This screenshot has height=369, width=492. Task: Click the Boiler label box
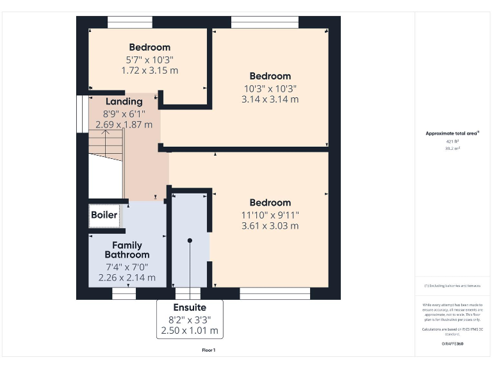tap(104, 215)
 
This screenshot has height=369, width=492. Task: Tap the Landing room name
tap(124, 102)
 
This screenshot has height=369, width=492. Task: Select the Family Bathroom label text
tap(127, 250)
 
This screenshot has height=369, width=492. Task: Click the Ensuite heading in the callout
tap(190, 308)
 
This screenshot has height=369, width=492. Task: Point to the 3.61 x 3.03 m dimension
tap(270, 225)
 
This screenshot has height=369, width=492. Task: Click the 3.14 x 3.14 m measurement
tap(270, 99)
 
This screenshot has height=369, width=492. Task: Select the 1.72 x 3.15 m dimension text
tap(150, 70)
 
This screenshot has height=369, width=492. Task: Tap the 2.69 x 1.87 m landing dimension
tap(124, 124)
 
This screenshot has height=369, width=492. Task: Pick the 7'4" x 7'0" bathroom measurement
tap(127, 266)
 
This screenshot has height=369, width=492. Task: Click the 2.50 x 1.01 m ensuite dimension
tap(190, 331)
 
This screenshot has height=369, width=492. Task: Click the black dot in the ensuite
tap(190, 240)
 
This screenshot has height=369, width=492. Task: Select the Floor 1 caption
tap(209, 350)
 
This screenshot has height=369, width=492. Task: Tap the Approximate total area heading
tap(453, 133)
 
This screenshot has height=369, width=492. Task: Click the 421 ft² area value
tap(453, 141)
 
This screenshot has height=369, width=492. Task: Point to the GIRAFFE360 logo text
tap(453, 344)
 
